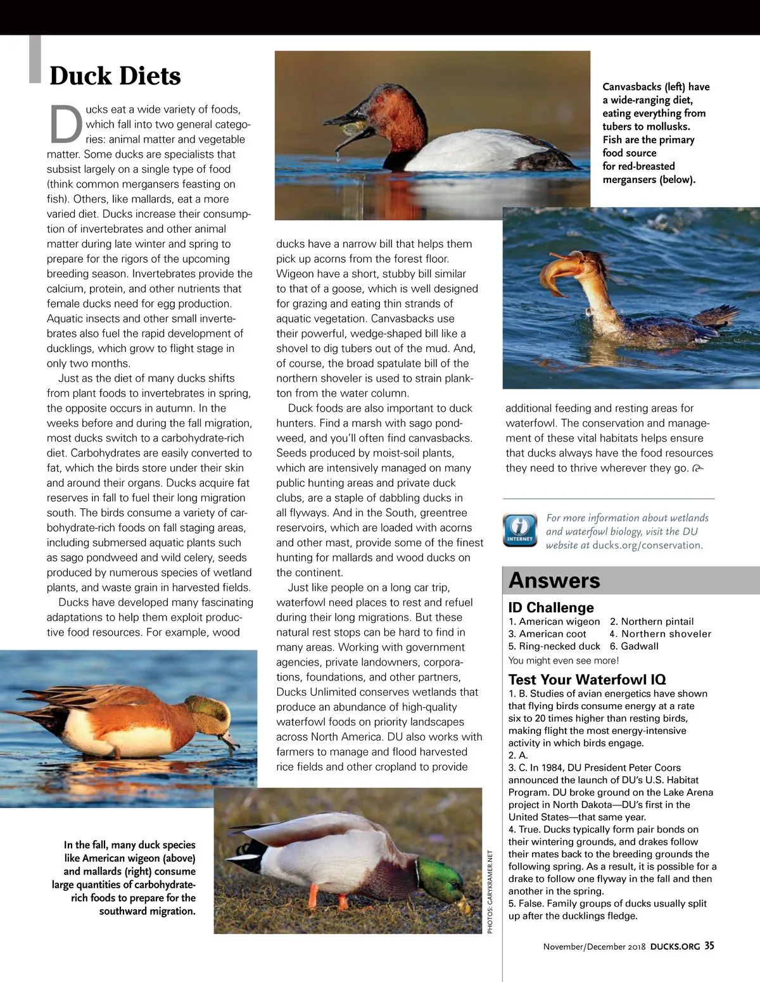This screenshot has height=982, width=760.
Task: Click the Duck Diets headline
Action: pyautogui.click(x=115, y=76)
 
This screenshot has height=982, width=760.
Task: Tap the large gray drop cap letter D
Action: pyautogui.click(x=66, y=124)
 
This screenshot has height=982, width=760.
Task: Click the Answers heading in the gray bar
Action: pyautogui.click(x=554, y=581)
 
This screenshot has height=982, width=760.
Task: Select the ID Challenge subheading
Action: pyautogui.click(x=551, y=607)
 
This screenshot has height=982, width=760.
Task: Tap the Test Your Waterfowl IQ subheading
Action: pyautogui.click(x=587, y=679)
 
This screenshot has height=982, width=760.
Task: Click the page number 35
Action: pyautogui.click(x=709, y=946)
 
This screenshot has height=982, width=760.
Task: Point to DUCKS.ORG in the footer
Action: pyautogui.click(x=675, y=947)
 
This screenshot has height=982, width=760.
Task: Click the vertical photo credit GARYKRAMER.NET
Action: pyautogui.click(x=490, y=891)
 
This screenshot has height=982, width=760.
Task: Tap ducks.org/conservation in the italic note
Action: pyautogui.click(x=647, y=545)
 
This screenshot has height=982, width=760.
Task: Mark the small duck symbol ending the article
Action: pyautogui.click(x=698, y=469)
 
